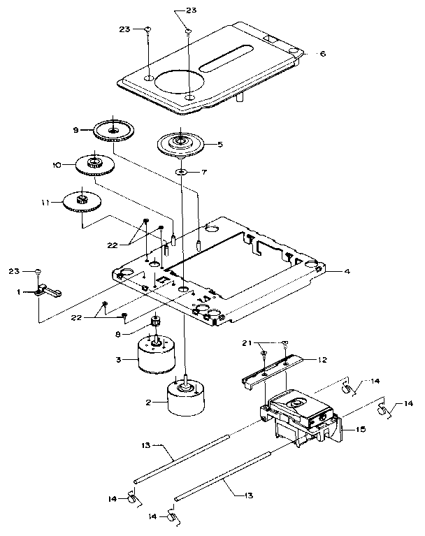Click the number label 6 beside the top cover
(x=322, y=53)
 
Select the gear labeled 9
(x=113, y=129)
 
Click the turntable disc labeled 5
(x=180, y=145)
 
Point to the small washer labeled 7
(x=180, y=171)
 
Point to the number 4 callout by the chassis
(x=339, y=270)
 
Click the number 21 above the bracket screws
(x=266, y=344)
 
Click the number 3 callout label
(x=120, y=359)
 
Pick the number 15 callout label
(x=361, y=429)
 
